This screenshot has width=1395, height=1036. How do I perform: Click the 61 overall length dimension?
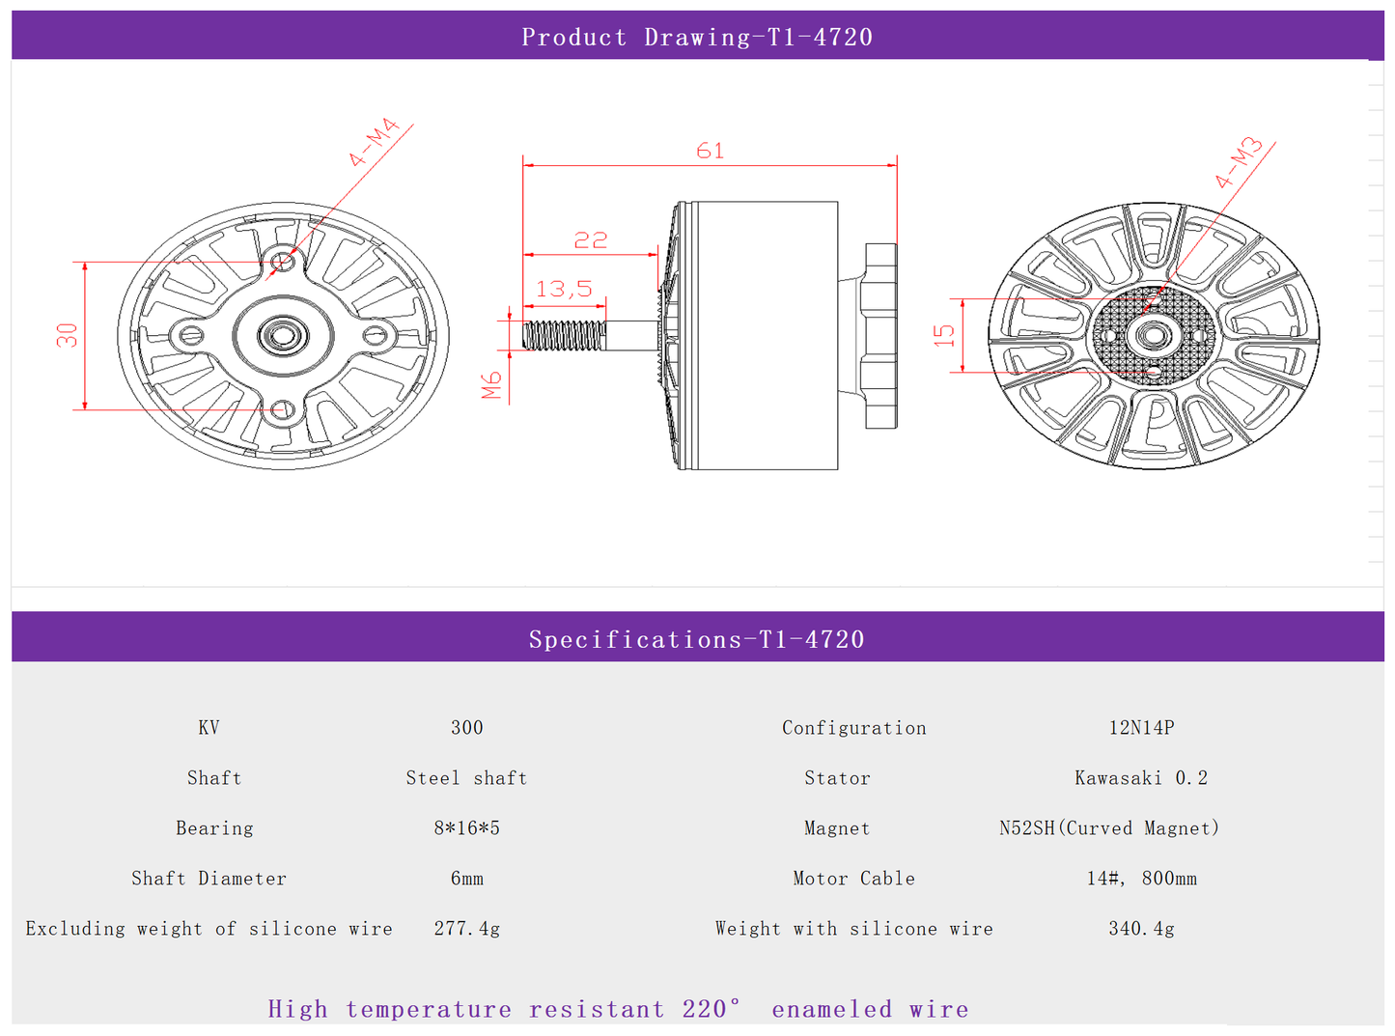(711, 151)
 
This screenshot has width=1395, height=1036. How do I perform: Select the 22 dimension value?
(591, 240)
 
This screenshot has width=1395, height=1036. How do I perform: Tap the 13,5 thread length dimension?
(564, 289)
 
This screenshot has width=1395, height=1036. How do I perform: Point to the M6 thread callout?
(491, 385)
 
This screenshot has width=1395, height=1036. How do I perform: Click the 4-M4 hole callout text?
(374, 142)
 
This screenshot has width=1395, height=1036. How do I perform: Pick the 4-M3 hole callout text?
(1238, 163)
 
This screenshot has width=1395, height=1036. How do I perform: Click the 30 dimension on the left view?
(67, 335)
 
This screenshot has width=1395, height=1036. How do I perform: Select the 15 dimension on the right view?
(943, 335)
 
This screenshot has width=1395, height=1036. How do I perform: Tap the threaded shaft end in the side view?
(564, 335)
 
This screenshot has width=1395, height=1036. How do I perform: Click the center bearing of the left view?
(283, 334)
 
